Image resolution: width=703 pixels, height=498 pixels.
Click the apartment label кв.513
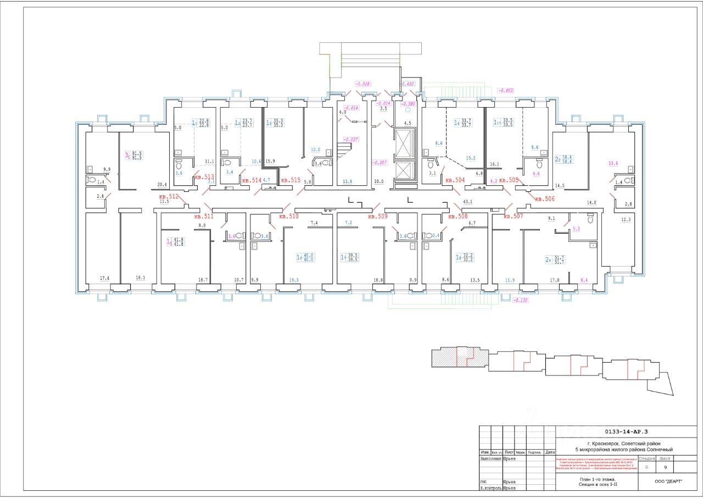pos(204,177)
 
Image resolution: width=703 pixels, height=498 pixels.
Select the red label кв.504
pos(455,180)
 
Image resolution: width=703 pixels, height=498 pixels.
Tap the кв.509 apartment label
pos(378,217)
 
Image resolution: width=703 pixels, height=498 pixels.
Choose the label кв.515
pos(291,180)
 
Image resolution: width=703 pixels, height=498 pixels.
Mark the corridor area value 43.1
pos(468,202)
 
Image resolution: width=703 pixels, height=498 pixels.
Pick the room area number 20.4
pos(161,185)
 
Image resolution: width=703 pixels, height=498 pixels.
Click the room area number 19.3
pos(294,280)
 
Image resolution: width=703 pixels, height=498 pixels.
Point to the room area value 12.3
pos(626,220)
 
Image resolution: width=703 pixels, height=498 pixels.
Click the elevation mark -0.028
pos(363,84)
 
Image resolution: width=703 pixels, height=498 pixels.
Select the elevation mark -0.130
pos(520,301)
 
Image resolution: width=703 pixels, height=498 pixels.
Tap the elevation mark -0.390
pos(407,103)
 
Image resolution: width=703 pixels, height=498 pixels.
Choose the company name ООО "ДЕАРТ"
pos(668,482)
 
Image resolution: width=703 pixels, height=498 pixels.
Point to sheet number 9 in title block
pos(666,467)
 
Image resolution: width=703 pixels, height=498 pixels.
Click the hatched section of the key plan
pos(445,359)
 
